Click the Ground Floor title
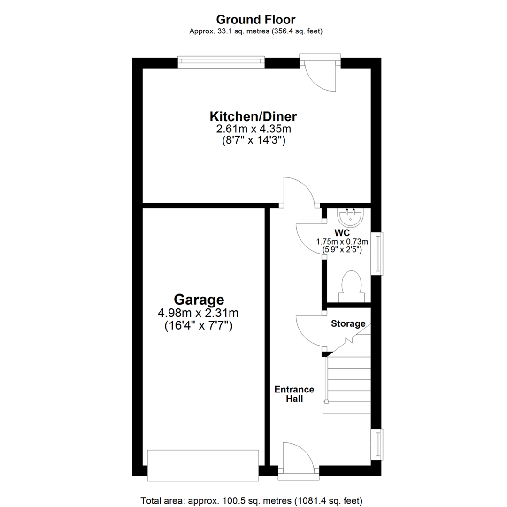255,20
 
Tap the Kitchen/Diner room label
253,116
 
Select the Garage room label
199,299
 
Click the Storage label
348,323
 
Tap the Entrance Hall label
294,394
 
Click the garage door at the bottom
203,465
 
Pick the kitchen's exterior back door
320,75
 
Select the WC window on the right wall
376,253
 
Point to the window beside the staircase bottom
376,444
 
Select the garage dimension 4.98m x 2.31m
199,313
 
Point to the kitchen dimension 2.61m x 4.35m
253,129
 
